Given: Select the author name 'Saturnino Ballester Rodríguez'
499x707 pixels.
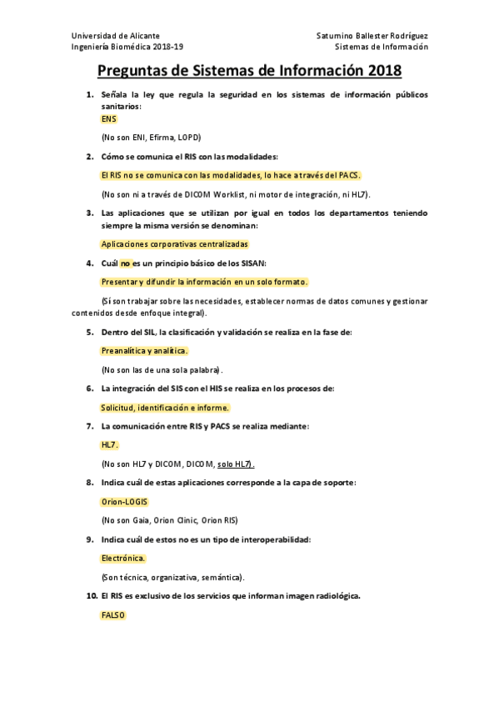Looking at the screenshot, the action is (x=372, y=37).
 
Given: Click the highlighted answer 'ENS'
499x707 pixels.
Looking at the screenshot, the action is (x=109, y=119).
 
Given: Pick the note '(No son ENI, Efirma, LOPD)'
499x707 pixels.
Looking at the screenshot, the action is (x=151, y=137).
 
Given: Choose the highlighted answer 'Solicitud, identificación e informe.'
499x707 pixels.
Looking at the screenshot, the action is (x=164, y=408).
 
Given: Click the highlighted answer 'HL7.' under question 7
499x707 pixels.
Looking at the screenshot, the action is (x=110, y=445).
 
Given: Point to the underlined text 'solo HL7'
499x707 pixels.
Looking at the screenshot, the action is (x=235, y=464).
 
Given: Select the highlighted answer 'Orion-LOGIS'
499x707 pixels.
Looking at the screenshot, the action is (x=123, y=502).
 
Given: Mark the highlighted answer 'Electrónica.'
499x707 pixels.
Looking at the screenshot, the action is (x=123, y=558).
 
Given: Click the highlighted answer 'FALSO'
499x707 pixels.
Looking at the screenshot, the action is (x=112, y=614).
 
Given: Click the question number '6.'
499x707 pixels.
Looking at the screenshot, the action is (x=92, y=389).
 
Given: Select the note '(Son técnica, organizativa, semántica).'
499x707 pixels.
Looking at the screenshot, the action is (x=172, y=577).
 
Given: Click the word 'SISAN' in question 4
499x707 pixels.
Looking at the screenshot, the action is (x=250, y=263).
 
